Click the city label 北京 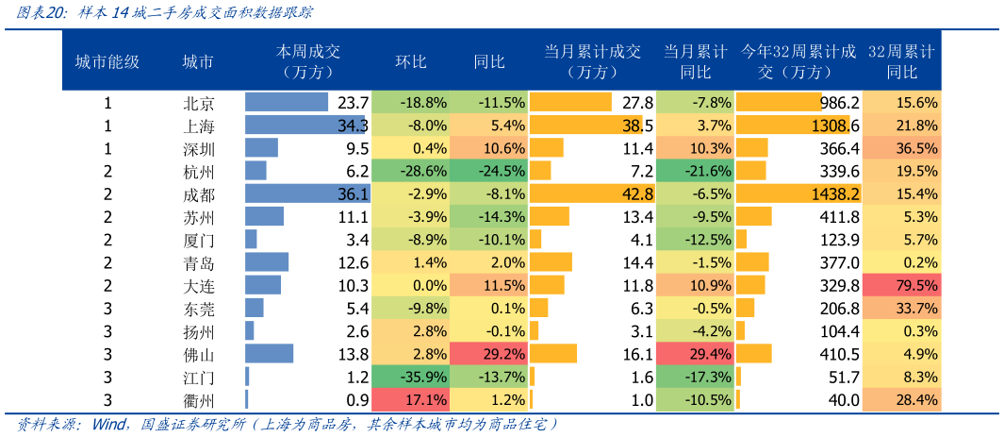tap(198, 103)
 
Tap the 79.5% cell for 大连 tap(902, 285)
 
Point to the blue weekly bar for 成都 tap(306, 193)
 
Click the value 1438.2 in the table tap(835, 193)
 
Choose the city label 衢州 tap(198, 400)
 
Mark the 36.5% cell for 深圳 tap(902, 148)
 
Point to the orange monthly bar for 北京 tap(570, 103)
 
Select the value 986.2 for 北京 tap(839, 103)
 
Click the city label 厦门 tap(198, 240)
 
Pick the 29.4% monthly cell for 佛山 tap(694, 354)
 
